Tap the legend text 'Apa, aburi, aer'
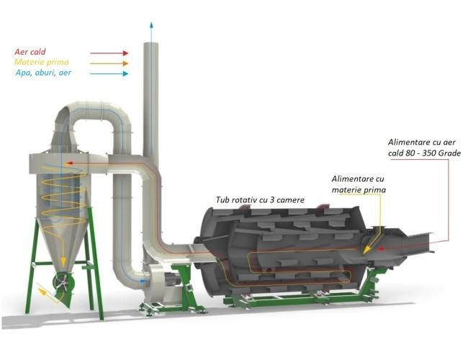tap(42, 73)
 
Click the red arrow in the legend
tap(109, 53)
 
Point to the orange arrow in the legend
tap(109, 63)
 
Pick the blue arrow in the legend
tap(109, 73)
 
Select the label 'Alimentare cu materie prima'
tap(359, 184)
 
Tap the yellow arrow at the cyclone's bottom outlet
tap(47, 291)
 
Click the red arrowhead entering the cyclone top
tap(65, 164)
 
